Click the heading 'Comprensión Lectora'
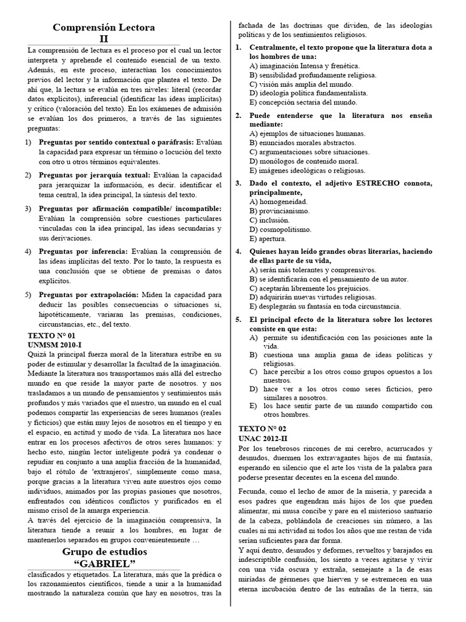pyautogui.click(x=104, y=27)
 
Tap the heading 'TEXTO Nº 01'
pyautogui.click(x=52, y=335)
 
